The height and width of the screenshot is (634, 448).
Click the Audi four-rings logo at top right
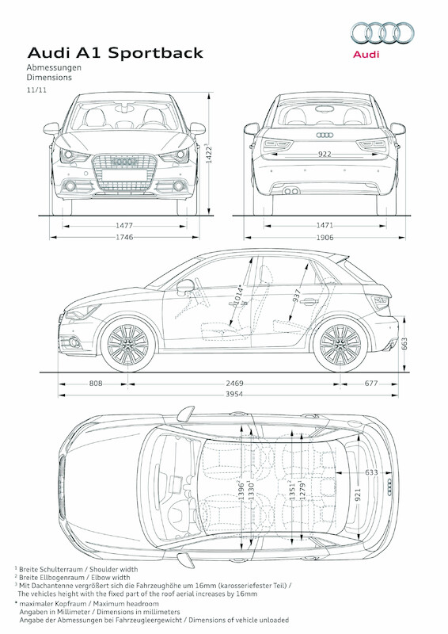(x=382, y=32)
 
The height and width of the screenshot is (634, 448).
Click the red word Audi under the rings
(x=366, y=54)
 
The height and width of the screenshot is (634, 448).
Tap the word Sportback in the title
(x=155, y=53)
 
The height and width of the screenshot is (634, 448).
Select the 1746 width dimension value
(x=124, y=237)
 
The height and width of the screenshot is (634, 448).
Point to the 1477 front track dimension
(x=124, y=226)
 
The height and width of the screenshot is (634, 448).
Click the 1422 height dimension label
(x=209, y=153)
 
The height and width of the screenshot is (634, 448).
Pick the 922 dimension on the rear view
(x=325, y=154)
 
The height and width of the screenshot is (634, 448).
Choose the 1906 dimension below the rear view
(x=325, y=237)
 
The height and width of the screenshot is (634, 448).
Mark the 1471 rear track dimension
(x=325, y=226)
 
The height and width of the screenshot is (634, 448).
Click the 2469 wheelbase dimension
(x=234, y=384)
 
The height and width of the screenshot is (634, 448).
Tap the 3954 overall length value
(x=234, y=394)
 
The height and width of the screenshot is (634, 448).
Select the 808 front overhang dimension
(x=96, y=384)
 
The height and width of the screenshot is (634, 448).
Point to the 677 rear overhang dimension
(x=371, y=384)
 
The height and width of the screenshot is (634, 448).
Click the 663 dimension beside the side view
(x=404, y=344)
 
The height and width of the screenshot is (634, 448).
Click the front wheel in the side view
(x=128, y=345)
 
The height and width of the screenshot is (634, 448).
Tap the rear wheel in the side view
(x=340, y=345)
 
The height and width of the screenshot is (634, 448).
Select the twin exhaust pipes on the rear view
(x=290, y=191)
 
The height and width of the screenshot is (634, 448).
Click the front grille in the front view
(x=124, y=172)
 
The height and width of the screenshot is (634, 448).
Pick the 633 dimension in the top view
(x=371, y=472)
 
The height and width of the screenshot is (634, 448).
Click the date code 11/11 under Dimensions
(x=36, y=90)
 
